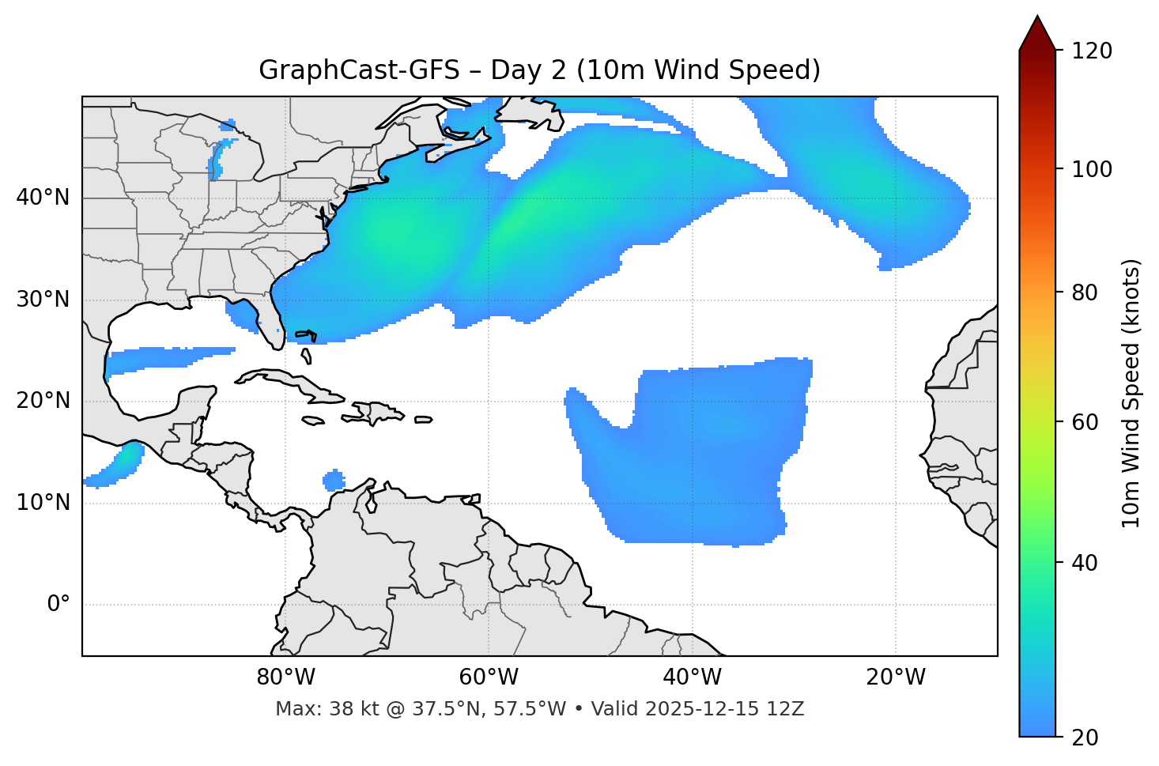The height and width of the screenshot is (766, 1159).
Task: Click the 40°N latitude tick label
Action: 43,198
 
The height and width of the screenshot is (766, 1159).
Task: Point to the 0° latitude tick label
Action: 59,605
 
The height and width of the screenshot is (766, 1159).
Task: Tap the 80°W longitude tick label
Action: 285,677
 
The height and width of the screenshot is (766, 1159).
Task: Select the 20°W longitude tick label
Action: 896,677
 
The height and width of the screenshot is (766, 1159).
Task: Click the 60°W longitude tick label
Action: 489,677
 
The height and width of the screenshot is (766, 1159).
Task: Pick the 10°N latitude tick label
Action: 43,503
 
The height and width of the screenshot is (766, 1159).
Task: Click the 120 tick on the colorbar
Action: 1093,51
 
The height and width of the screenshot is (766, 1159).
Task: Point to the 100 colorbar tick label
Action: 1093,169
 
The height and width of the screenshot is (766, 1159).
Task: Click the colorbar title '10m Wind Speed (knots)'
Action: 1131,393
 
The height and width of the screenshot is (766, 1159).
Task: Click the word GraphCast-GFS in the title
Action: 358,70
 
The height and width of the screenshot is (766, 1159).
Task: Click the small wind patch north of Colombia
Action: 334,480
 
